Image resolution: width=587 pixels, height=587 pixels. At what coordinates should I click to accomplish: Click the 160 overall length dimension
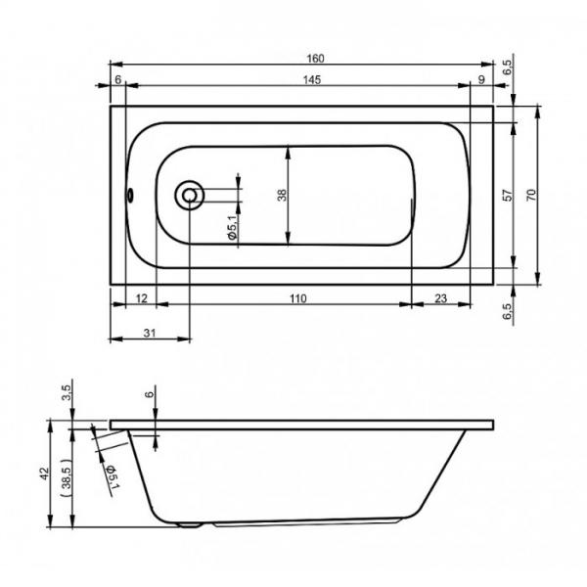click(315, 59)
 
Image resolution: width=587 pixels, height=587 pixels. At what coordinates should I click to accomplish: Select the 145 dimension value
click(312, 80)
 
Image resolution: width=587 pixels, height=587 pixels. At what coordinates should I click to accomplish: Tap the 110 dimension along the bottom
click(298, 298)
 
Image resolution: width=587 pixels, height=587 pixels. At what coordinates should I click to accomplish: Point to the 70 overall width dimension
click(531, 195)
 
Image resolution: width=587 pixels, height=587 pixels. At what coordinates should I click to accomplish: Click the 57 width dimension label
click(507, 195)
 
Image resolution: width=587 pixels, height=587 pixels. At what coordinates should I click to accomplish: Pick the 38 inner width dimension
click(282, 195)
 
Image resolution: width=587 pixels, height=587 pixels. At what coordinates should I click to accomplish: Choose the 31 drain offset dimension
click(150, 333)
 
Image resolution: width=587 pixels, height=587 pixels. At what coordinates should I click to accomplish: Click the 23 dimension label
click(440, 298)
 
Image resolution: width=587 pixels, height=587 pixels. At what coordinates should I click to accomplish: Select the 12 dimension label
click(141, 298)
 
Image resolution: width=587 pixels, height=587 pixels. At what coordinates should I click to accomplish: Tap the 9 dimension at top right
click(481, 80)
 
